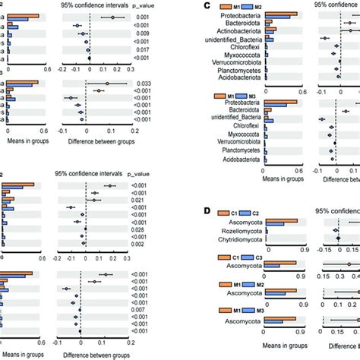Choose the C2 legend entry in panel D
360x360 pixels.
(253, 212)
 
